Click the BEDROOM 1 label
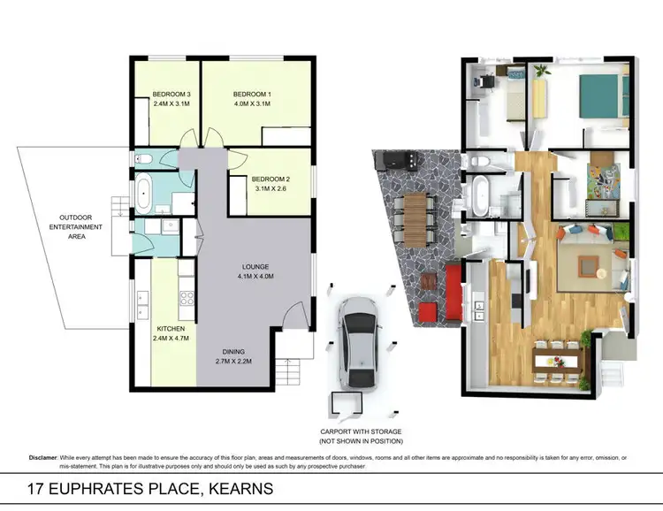(x=252, y=95)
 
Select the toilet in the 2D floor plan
(x=147, y=160)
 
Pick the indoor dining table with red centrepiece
(x=560, y=360)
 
